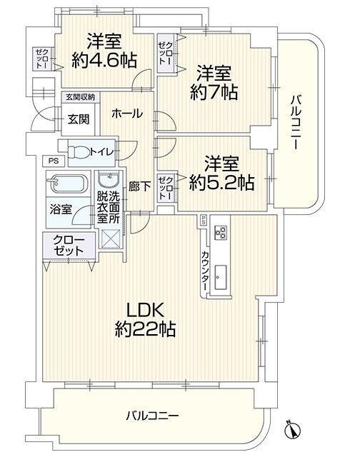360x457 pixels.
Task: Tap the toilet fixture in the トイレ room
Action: (x=79, y=152)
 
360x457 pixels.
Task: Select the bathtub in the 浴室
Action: (x=67, y=184)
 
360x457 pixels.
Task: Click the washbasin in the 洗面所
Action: (x=109, y=180)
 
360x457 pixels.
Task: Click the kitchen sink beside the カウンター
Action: (x=221, y=277)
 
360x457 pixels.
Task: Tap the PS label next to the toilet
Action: (x=54, y=161)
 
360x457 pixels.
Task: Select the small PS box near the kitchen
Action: (x=203, y=221)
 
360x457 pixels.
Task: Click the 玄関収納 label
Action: (x=80, y=97)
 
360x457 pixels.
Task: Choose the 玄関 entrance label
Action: (x=79, y=119)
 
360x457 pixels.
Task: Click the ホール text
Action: (x=127, y=114)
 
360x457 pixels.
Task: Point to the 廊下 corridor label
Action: (x=139, y=186)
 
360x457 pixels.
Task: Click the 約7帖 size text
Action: (x=214, y=92)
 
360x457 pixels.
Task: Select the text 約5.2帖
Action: (x=222, y=183)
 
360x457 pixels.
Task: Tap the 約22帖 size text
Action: (x=145, y=329)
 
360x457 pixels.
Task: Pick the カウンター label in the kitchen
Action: (x=205, y=271)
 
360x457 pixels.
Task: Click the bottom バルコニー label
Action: (x=152, y=416)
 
